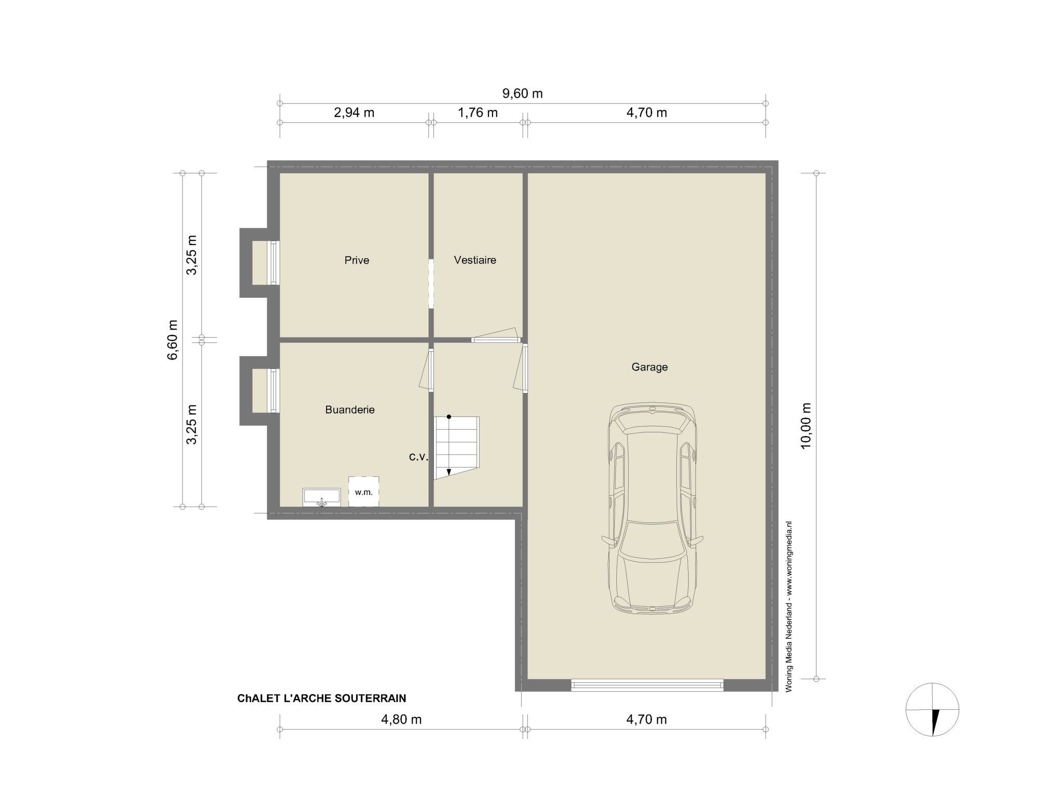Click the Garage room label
[649, 367]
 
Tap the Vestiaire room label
[475, 260]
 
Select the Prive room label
[357, 260]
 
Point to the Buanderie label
[350, 409]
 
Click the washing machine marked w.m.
[363, 491]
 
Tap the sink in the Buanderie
[322, 497]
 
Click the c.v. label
[418, 457]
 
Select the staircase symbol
[457, 448]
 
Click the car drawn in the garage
[652, 508]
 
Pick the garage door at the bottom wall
[647, 685]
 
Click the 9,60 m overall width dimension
[523, 93]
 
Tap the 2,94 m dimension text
[354, 113]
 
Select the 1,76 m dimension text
[478, 113]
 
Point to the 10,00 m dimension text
[806, 425]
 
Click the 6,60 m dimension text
[173, 339]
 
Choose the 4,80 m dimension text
[401, 720]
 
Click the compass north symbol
[932, 709]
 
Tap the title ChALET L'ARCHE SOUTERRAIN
[322, 698]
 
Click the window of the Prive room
[274, 263]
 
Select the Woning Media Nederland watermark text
[789, 606]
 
